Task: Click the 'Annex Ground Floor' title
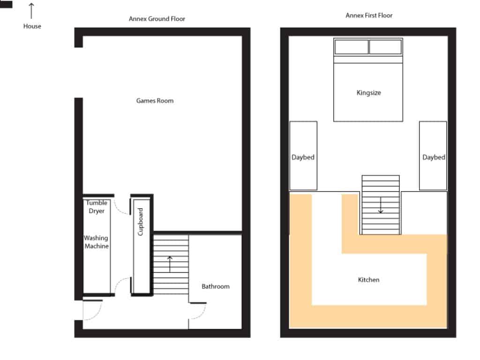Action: pyautogui.click(x=157, y=19)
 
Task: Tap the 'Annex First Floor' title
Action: pyautogui.click(x=369, y=15)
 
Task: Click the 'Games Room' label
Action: pyautogui.click(x=155, y=101)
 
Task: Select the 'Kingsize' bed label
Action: pyautogui.click(x=368, y=93)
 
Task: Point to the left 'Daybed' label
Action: pyautogui.click(x=303, y=157)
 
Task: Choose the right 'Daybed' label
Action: pyautogui.click(x=434, y=157)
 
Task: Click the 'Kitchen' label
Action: pyautogui.click(x=368, y=280)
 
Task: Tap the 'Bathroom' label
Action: pyautogui.click(x=216, y=286)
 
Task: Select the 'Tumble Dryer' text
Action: pyautogui.click(x=97, y=207)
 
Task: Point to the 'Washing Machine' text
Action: pyautogui.click(x=96, y=242)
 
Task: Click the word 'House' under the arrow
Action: pyautogui.click(x=32, y=27)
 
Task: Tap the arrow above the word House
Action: pyautogui.click(x=32, y=11)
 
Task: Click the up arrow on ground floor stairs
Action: pyautogui.click(x=170, y=264)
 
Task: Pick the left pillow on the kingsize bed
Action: pyautogui.click(x=352, y=47)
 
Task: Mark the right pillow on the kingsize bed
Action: pyautogui.click(x=385, y=47)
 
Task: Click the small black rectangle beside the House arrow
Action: pyautogui.click(x=6, y=4)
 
